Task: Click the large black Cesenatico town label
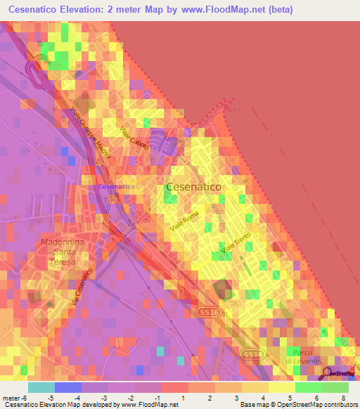click(x=193, y=188)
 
